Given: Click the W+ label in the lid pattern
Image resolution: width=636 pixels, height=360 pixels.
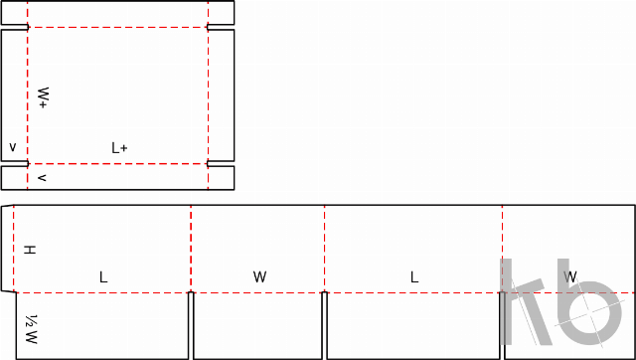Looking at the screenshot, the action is (44, 97).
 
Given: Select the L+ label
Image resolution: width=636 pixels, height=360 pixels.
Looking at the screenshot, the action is (119, 148).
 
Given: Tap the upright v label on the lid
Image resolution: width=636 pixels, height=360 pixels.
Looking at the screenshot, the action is (13, 147).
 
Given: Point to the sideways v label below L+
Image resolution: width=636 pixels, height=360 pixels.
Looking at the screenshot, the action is (42, 178).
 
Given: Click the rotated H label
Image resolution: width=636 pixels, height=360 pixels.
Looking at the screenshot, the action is (30, 250).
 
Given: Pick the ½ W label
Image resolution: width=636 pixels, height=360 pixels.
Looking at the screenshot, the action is (31, 329).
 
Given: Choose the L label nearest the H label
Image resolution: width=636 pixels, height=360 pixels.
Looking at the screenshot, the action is (103, 277).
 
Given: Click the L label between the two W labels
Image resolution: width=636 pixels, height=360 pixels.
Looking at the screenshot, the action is (413, 277).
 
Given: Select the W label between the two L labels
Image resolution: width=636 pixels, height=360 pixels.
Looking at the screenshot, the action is (259, 277).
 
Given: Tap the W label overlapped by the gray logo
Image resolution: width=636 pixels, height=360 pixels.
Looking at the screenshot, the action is (569, 277).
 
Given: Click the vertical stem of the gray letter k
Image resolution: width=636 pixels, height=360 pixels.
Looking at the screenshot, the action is (506, 302).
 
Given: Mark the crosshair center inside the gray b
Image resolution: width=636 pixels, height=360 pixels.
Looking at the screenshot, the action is (589, 313).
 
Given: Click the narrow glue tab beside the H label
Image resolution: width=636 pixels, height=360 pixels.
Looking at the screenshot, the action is (7, 249).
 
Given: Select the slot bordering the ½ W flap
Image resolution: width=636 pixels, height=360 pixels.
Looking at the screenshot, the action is (191, 325).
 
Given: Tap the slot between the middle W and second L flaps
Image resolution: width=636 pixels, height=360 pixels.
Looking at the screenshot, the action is (325, 325).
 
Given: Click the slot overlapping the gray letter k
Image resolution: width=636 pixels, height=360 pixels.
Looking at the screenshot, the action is (502, 325).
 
